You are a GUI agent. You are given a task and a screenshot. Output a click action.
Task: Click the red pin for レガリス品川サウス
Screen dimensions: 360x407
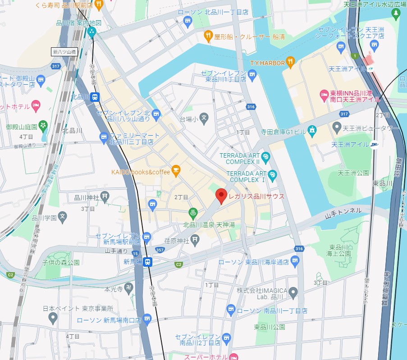220,196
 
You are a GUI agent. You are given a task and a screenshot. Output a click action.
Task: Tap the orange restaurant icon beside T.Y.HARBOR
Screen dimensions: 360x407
291,62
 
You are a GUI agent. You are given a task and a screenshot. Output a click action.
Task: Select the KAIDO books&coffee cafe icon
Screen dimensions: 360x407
176,170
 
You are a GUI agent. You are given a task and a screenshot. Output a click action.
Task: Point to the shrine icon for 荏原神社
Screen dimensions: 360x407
195,241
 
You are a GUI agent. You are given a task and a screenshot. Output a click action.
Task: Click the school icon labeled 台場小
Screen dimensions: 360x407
204,119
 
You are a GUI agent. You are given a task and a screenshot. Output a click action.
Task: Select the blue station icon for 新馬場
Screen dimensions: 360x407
148,262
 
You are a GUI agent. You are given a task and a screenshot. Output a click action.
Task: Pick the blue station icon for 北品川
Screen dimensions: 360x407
95,96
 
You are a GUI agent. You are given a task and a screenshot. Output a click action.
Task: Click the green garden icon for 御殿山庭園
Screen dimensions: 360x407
43,124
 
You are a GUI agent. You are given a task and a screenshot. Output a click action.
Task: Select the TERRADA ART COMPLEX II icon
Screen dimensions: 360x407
266,157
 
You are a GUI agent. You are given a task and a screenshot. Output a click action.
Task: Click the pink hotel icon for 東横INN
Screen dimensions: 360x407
323,95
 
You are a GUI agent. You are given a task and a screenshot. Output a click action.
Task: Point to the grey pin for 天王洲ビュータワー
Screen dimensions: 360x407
337,128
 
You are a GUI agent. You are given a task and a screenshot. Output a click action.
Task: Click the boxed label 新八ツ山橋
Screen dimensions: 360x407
64,52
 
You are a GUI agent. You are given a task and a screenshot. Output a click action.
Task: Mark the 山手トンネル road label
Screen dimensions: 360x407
343,210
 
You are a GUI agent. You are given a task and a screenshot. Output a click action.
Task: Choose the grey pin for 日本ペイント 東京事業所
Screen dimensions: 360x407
53,318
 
